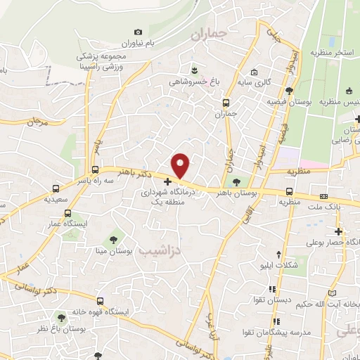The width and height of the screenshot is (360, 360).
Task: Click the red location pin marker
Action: tap(181, 165)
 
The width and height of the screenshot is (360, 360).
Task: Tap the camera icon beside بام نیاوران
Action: tap(138, 32)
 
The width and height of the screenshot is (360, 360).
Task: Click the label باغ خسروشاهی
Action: tap(194, 81)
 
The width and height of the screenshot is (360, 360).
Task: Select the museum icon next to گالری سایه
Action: tap(254, 72)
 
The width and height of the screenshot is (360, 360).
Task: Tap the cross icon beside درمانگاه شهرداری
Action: tap(167, 181)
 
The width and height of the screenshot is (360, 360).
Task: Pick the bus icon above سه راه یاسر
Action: tap(96, 169)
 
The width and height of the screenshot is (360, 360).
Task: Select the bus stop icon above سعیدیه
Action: tap(56, 188)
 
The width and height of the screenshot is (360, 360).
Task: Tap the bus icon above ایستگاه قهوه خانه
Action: tap(100, 301)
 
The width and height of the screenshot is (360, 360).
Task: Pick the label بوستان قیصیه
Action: tap(298, 103)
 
